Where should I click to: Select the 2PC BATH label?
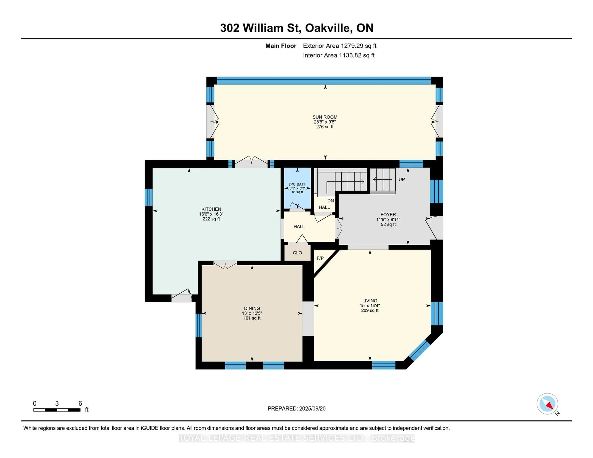[x=297, y=184]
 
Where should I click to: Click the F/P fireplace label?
[x=320, y=258]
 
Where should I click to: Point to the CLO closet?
[x=297, y=253]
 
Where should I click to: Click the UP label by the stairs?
[x=402, y=180]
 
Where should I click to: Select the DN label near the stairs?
[x=330, y=201]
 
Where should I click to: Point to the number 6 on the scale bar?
[x=80, y=404]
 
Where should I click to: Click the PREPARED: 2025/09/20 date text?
[x=296, y=409]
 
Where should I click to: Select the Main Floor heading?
[x=281, y=46]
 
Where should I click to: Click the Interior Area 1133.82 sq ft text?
[x=339, y=55]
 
